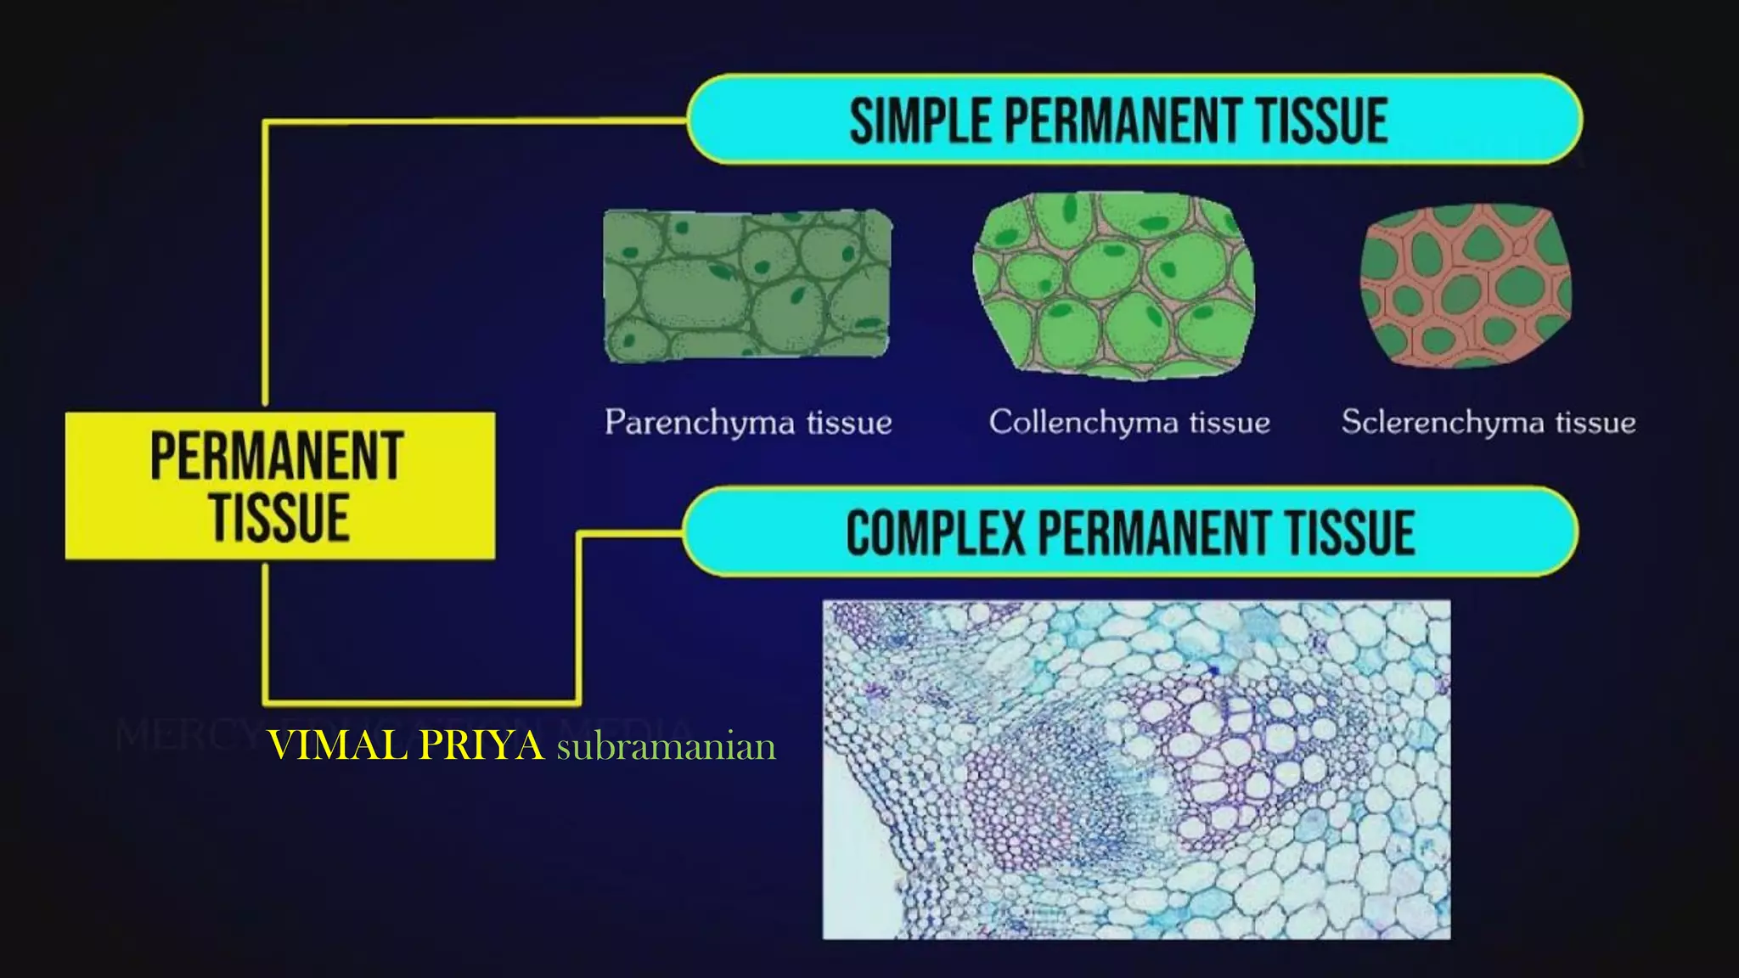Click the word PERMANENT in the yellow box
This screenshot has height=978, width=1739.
pos(277,457)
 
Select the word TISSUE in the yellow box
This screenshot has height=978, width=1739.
pos(279,517)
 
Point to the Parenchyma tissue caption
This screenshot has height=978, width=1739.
pos(748,422)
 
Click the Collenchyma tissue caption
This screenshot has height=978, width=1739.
pos(1128,422)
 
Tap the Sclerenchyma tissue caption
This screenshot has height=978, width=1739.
pos(1488,422)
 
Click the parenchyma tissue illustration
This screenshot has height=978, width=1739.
pos(747,286)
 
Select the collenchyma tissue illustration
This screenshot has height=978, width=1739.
pos(1113,285)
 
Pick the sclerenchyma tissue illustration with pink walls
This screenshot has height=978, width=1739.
pos(1466,286)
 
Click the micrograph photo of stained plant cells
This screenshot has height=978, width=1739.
pos(1136,769)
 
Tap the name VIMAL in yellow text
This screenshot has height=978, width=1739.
pos(338,746)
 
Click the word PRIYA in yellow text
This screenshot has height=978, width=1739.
pos(481,746)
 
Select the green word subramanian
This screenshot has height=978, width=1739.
pos(666,747)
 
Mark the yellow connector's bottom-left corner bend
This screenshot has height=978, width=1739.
pos(266,701)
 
